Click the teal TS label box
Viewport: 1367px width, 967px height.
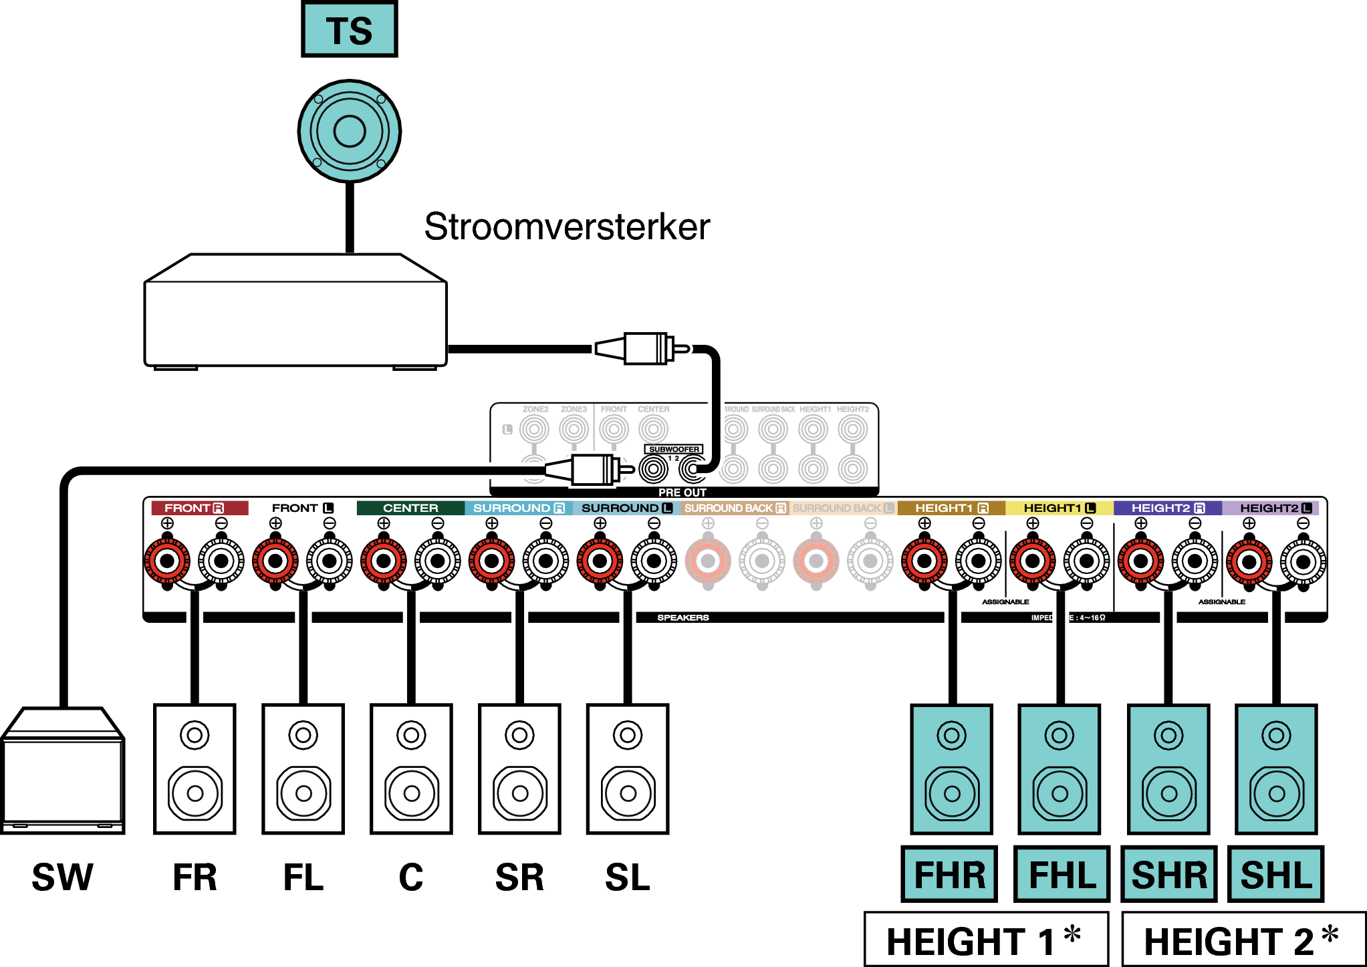tap(349, 30)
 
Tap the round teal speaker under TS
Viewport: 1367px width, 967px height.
tap(349, 131)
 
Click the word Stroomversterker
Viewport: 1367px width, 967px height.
tap(567, 227)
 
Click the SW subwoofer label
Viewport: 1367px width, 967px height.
tap(62, 877)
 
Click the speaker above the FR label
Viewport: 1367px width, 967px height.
tap(195, 769)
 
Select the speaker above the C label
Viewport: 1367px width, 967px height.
tap(411, 769)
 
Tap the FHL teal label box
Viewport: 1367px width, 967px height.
tap(1062, 875)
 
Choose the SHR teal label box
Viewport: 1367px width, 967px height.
tap(1169, 875)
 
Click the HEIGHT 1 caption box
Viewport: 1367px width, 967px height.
tap(986, 940)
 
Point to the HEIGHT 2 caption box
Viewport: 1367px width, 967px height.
tap(1243, 940)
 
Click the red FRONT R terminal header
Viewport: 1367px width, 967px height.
tap(199, 508)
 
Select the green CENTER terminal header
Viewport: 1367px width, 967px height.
tap(410, 508)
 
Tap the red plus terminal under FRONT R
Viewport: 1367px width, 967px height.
tap(167, 561)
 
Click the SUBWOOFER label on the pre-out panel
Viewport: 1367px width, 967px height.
tap(674, 449)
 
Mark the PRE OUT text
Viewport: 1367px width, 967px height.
tap(682, 493)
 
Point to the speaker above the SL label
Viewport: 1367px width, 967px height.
tap(628, 769)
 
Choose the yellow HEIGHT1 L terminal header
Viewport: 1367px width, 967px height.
tap(1059, 508)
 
